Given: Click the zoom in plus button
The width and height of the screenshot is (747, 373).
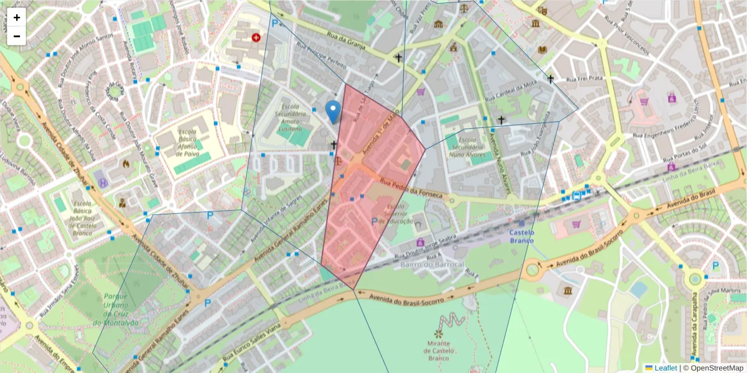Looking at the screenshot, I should [x=17, y=17].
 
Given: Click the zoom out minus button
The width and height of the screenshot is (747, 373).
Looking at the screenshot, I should [x=17, y=36].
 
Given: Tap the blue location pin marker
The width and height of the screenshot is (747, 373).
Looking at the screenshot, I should [x=333, y=111].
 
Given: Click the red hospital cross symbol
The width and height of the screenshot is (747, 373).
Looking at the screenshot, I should [x=256, y=38].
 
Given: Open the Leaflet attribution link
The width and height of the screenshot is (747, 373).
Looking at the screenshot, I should [x=665, y=368].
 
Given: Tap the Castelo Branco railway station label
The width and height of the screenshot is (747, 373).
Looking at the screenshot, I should [x=522, y=236].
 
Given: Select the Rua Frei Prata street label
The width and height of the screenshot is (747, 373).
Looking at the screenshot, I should [x=586, y=78].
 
